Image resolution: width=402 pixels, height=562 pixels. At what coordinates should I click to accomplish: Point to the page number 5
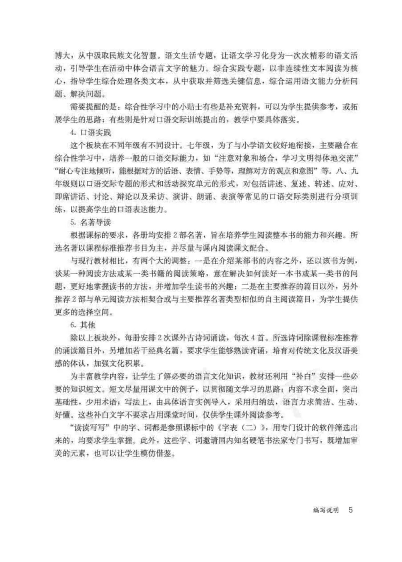(x=350, y=510)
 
